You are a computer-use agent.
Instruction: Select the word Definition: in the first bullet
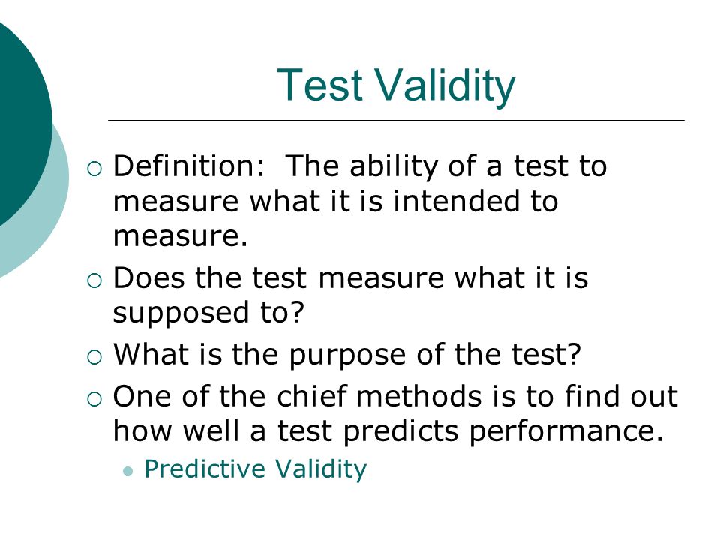pos(189,166)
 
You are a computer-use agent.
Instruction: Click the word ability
pos(394,167)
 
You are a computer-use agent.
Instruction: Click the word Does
pos(148,277)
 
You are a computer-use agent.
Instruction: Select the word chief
pos(311,395)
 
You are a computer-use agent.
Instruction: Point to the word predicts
pos(400,432)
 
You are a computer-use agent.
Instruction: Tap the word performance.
pos(566,432)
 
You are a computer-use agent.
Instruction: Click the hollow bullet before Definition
pos(94,169)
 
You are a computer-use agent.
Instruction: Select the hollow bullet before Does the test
pos(94,280)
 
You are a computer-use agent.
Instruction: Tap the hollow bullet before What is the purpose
pos(94,357)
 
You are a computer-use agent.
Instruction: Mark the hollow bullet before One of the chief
pos(94,398)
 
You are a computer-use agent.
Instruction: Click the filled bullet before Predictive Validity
pos(128,471)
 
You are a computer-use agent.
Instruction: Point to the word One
pos(143,396)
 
